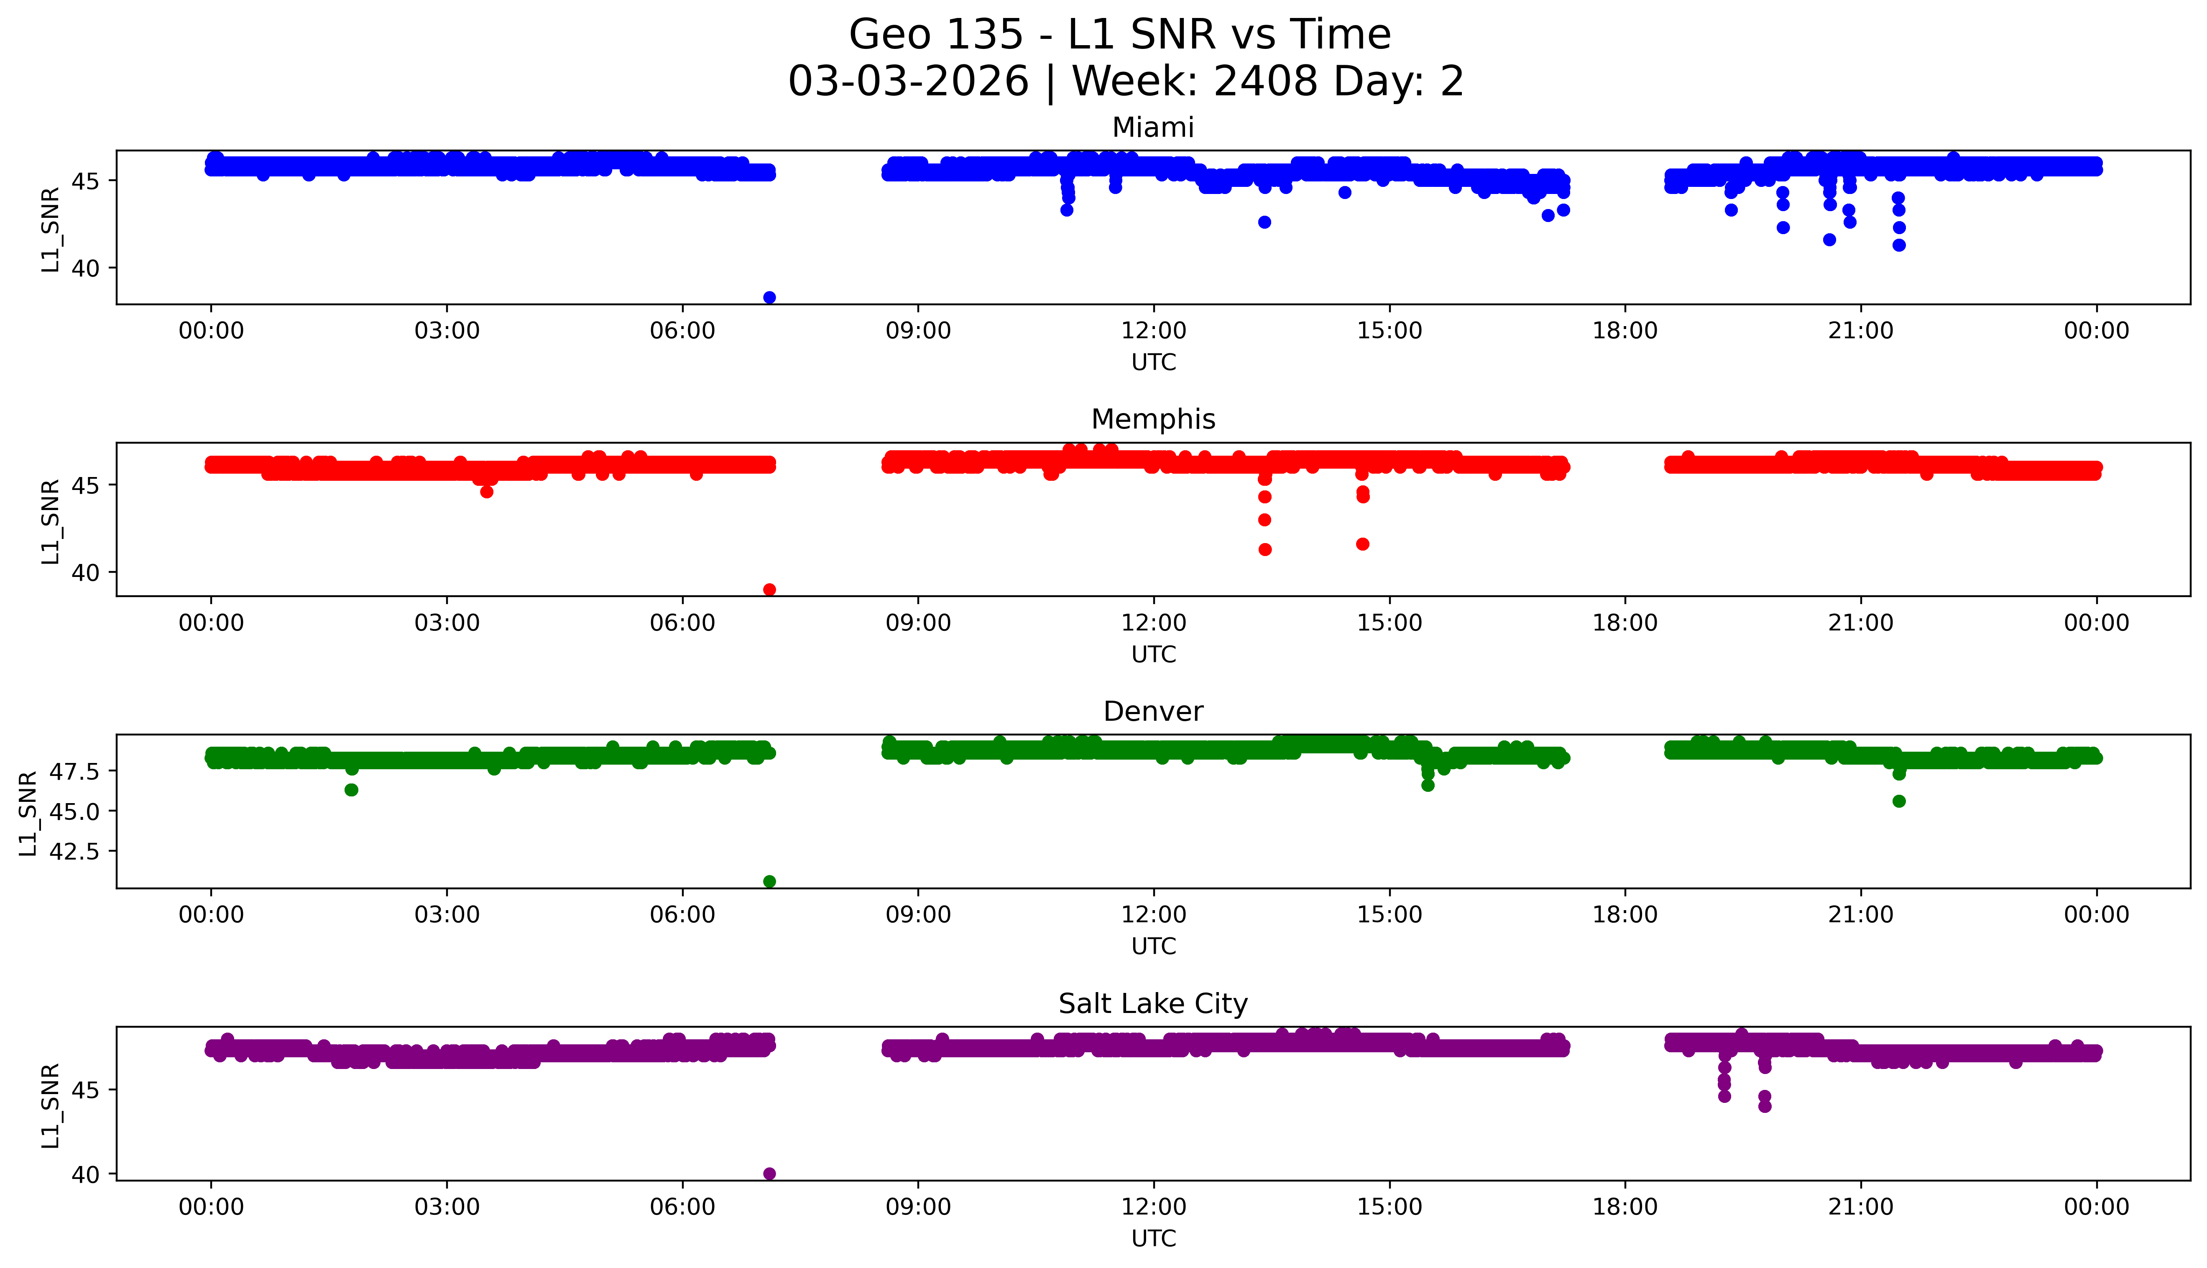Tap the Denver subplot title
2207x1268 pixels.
pyautogui.click(x=1152, y=712)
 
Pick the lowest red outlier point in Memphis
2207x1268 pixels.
pyautogui.click(x=769, y=589)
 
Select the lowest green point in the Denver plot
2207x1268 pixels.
pyautogui.click(x=769, y=881)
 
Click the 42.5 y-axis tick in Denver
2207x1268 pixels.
pyautogui.click(x=75, y=851)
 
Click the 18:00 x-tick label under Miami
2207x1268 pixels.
pyautogui.click(x=1625, y=331)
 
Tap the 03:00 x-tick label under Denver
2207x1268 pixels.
pyautogui.click(x=447, y=914)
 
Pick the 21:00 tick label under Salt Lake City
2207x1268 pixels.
pyautogui.click(x=1860, y=1207)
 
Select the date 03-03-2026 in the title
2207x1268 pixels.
pyautogui.click(x=908, y=82)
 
